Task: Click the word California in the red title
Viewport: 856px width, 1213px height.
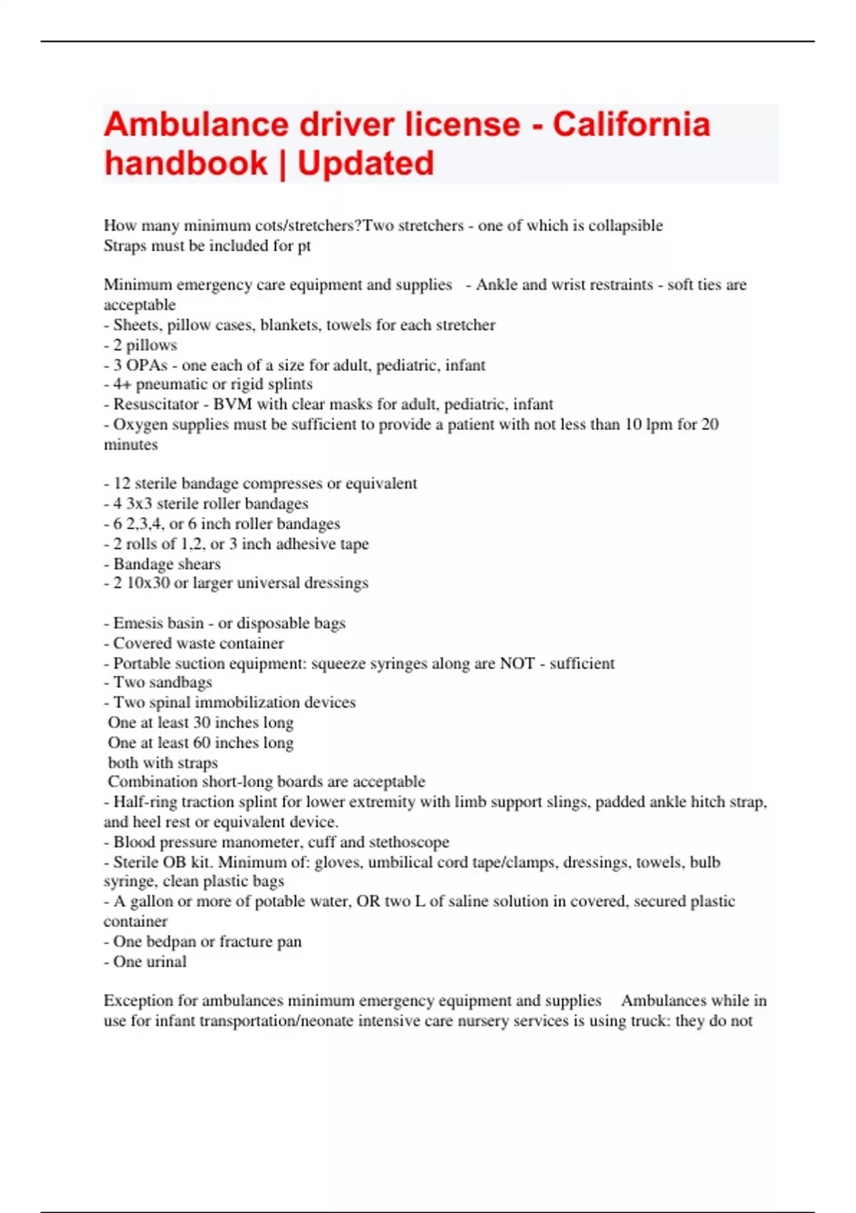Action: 631,125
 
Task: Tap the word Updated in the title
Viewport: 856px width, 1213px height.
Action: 365,163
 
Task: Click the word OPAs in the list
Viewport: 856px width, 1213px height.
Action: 147,365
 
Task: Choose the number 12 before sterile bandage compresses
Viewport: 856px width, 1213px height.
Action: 122,484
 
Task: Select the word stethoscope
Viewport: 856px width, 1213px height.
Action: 409,843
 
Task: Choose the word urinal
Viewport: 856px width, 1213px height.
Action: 166,962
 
